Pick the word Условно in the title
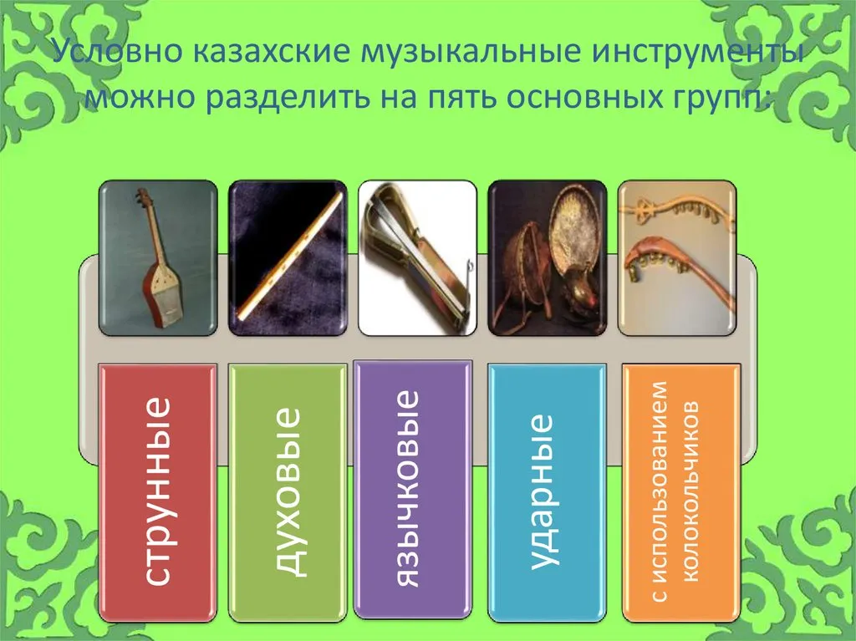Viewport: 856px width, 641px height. pos(118,52)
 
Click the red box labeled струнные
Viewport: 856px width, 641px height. pos(158,492)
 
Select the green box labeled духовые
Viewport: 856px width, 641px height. pos(288,492)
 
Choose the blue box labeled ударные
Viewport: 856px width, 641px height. pos(547,492)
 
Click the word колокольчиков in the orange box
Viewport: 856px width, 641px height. pos(690,492)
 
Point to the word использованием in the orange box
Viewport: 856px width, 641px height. pos(659,491)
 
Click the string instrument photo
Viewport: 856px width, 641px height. pos(158,257)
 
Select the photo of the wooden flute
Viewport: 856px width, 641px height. pos(288,257)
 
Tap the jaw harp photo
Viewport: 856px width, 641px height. pos(417,257)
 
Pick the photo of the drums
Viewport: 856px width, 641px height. pos(547,257)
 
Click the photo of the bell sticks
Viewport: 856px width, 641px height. pos(677,257)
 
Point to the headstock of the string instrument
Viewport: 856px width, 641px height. pos(144,198)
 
